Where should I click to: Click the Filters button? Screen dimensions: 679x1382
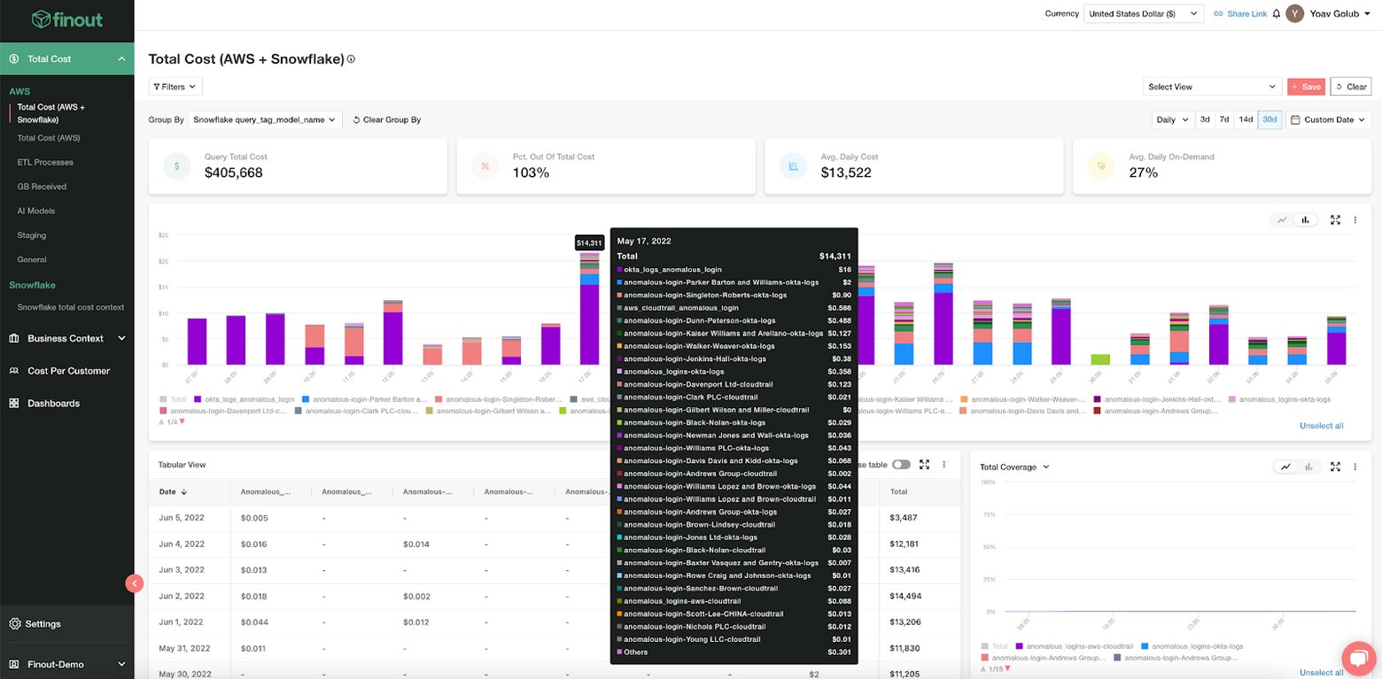(175, 87)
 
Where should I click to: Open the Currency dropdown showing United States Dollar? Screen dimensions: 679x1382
(1143, 13)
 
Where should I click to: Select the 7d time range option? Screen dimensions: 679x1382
(1223, 120)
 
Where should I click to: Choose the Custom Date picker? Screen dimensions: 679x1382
(1325, 120)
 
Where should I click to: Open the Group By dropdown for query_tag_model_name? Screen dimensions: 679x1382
(265, 120)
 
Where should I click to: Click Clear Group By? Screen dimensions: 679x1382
(386, 120)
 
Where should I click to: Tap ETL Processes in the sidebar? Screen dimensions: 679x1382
(45, 162)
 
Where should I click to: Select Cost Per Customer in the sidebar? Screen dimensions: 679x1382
(68, 371)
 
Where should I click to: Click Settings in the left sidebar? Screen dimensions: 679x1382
(43, 623)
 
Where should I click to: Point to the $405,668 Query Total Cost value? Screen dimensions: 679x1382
(233, 173)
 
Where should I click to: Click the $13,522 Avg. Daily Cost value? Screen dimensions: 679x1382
(845, 173)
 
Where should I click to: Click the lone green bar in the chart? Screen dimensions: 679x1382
(1099, 359)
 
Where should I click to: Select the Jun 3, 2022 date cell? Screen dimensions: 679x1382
(182, 569)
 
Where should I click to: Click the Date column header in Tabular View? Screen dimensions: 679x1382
(167, 491)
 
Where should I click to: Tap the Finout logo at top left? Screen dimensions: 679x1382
(66, 19)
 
